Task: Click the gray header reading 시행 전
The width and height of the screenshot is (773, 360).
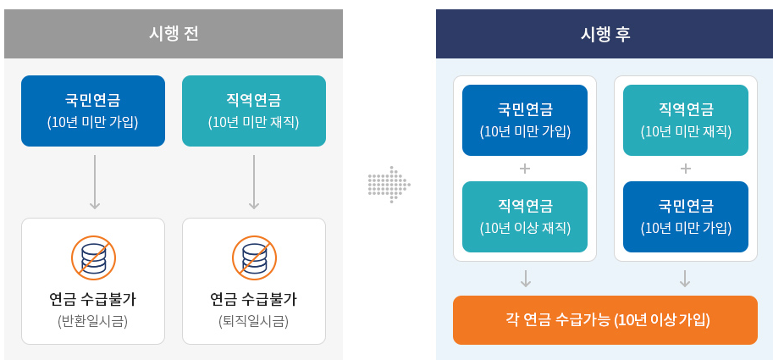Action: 174,34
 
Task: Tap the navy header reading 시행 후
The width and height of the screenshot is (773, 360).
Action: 605,34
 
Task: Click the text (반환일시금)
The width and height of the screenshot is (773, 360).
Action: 92,321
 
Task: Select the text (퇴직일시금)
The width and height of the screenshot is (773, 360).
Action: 253,321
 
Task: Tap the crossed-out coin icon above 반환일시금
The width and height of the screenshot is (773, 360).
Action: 93,258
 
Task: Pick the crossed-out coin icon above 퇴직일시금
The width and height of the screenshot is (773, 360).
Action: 254,258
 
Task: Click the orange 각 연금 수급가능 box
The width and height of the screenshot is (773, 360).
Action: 605,320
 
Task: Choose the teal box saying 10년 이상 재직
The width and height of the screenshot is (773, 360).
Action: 525,217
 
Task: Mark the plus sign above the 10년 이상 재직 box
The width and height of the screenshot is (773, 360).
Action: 525,169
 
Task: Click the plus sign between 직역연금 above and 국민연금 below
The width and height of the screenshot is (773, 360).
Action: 685,169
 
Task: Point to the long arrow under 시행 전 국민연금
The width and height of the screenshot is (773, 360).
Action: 95,181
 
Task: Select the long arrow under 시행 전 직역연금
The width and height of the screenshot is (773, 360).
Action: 254,181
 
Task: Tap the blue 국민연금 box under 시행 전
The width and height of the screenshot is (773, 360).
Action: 93,111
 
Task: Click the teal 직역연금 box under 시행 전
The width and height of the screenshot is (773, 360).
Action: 254,111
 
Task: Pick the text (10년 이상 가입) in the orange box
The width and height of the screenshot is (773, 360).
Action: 663,320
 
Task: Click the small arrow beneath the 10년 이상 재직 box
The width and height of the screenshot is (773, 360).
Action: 526,279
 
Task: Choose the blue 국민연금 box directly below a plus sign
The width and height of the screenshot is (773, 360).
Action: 686,217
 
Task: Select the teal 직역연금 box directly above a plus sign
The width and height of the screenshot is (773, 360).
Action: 686,120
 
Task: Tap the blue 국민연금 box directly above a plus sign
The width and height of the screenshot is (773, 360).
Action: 525,120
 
